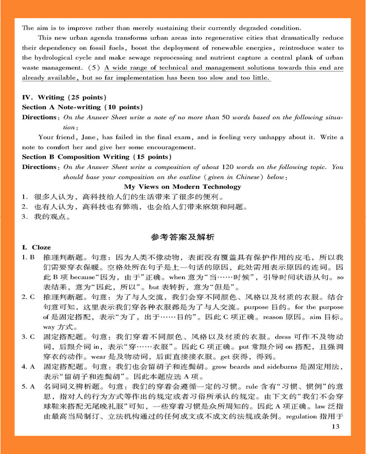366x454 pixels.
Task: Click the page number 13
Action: pyautogui.click(x=336, y=427)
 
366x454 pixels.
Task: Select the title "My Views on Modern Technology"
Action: pyautogui.click(x=183, y=187)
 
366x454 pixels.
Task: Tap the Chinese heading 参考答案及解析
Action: pyautogui.click(x=183, y=237)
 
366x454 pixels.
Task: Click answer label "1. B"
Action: pyautogui.click(x=28, y=257)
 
